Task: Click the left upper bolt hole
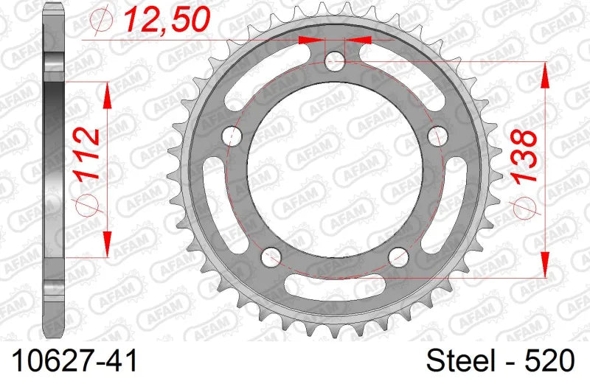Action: pos(233,136)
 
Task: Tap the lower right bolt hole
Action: pos(399,256)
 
